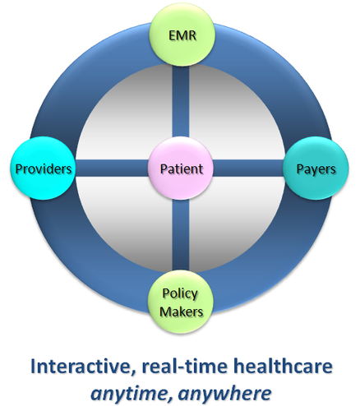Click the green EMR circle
(x=182, y=35)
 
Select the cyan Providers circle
(x=43, y=168)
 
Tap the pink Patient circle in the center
(x=181, y=168)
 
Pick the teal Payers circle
(x=316, y=168)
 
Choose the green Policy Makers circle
(x=181, y=302)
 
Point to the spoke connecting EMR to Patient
(x=181, y=101)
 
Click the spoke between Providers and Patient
(x=112, y=168)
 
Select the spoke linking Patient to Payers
(x=248, y=168)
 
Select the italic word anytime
(x=132, y=394)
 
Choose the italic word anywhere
(x=225, y=394)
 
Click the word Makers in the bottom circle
(x=181, y=311)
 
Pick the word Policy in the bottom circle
(x=180, y=294)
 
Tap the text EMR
(x=182, y=35)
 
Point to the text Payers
(x=316, y=169)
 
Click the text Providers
(x=44, y=168)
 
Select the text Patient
(x=181, y=168)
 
